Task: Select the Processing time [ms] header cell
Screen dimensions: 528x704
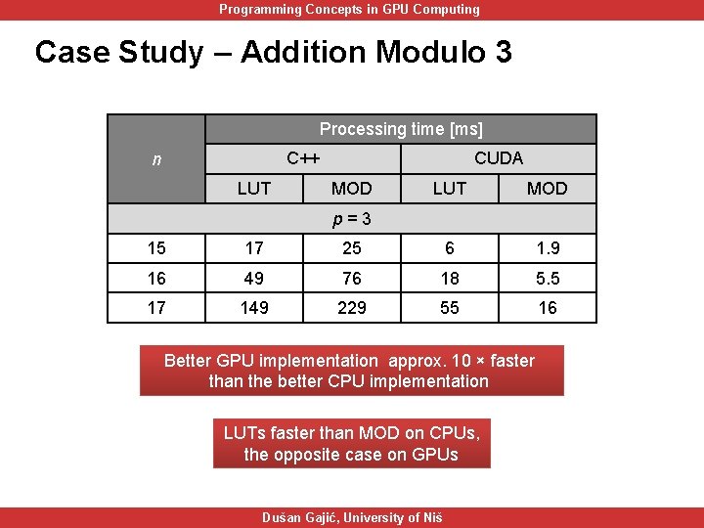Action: point(401,129)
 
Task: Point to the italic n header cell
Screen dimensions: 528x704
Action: point(156,158)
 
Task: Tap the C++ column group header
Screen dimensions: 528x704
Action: point(303,158)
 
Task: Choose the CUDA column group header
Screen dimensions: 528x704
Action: point(499,158)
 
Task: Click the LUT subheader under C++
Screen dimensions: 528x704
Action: point(254,188)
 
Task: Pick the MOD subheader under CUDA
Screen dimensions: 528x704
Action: point(548,188)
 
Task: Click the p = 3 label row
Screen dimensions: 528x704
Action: point(352,218)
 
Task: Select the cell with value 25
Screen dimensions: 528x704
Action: point(352,248)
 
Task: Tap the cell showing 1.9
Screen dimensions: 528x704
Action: point(548,248)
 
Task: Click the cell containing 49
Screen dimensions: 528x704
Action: point(254,279)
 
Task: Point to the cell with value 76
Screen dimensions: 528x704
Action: point(352,279)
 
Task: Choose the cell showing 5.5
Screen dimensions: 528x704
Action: point(548,279)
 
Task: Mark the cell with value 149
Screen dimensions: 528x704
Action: point(254,308)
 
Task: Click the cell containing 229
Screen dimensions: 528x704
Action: point(352,308)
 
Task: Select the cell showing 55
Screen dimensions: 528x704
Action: point(450,308)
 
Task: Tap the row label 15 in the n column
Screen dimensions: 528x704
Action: point(156,248)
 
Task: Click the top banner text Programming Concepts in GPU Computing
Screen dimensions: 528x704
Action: point(349,10)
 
